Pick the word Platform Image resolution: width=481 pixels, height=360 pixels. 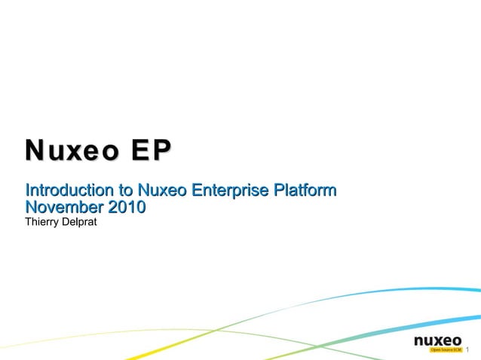303,189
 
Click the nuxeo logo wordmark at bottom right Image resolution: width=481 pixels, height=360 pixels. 438,340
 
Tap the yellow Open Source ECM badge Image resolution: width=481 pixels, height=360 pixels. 445,350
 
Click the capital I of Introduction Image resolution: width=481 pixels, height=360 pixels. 27,189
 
